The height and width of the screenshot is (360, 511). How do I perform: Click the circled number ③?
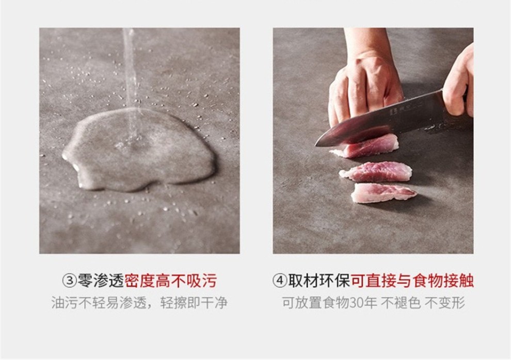pos(69,281)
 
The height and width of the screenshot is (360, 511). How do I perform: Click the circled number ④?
pos(280,281)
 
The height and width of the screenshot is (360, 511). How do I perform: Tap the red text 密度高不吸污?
pos(170,281)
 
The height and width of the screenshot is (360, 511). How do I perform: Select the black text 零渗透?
pos(100,281)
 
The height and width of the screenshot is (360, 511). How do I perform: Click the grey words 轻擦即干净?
pos(194,303)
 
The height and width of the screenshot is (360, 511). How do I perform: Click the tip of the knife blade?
pos(315,145)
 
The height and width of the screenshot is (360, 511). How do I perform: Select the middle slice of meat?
pos(375,172)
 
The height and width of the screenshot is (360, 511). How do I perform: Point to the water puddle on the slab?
pos(138,150)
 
